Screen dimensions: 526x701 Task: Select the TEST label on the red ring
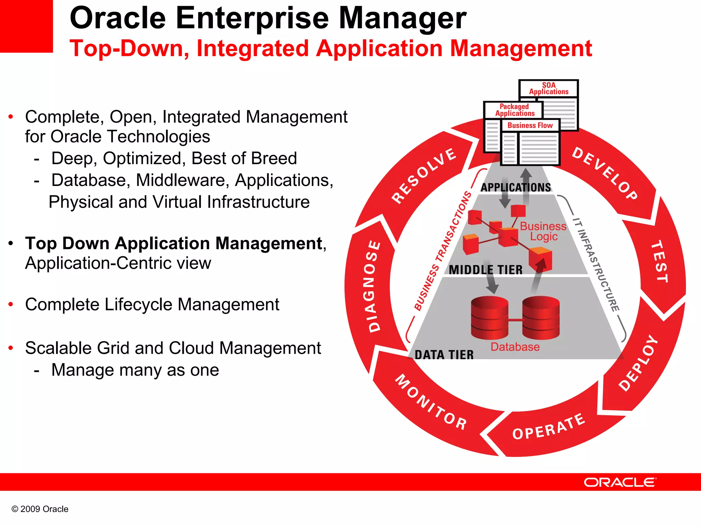659,261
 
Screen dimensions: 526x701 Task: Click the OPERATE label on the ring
549,427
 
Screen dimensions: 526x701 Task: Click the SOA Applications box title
549,88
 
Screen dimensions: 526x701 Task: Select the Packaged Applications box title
514,110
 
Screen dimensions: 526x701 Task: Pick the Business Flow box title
530,125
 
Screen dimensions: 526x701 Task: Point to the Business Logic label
543,231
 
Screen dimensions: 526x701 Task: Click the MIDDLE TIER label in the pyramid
486,270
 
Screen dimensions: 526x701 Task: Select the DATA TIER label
444,355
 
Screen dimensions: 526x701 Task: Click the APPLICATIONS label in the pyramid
516,187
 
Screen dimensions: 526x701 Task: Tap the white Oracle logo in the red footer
620,482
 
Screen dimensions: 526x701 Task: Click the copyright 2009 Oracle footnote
40,509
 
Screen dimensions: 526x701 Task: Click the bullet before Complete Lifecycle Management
11,304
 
